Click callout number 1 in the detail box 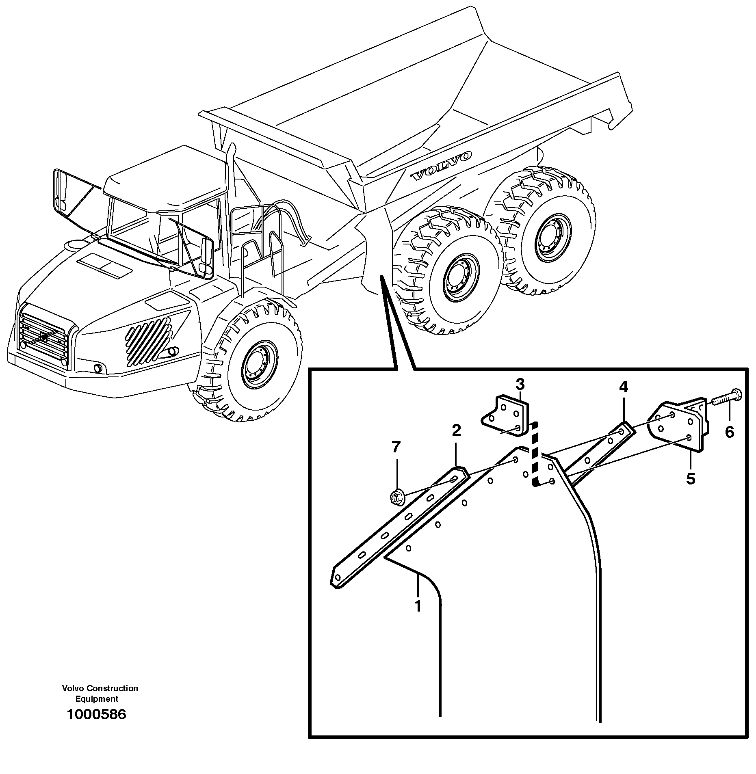[418, 617]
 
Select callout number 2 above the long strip [456, 430]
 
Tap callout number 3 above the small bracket [520, 384]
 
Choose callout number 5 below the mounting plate [691, 479]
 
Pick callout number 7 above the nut [396, 448]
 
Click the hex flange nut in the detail [396, 497]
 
